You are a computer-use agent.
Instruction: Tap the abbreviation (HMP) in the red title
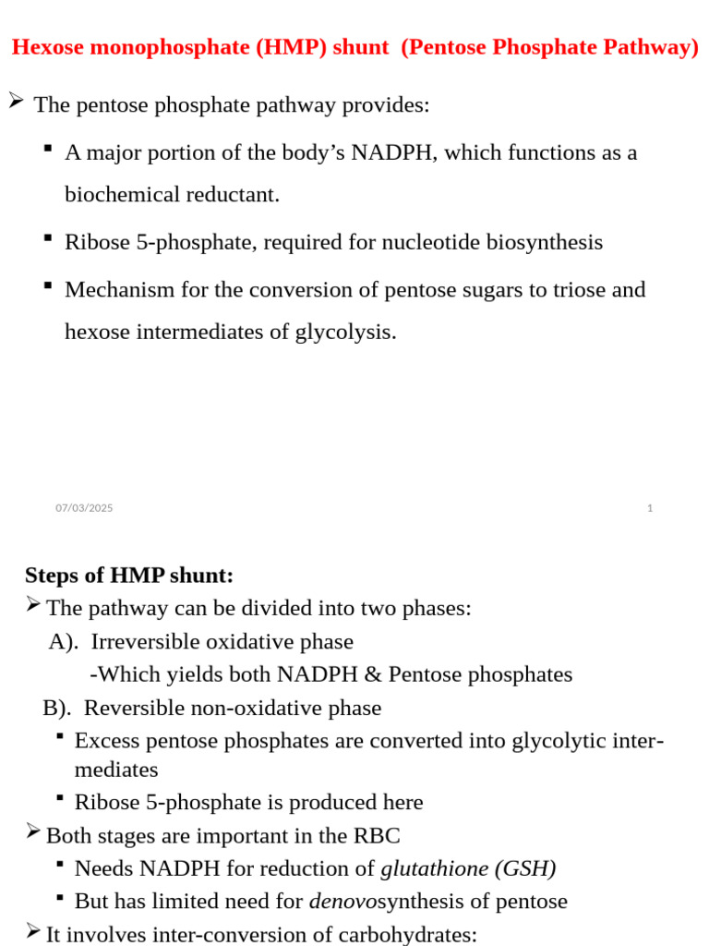click(258, 48)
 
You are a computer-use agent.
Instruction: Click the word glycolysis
click(345, 332)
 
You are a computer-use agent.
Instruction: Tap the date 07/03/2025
click(84, 508)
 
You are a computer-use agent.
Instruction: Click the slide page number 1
click(650, 508)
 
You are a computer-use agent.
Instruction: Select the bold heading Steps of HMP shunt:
click(129, 576)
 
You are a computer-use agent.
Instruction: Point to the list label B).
click(57, 709)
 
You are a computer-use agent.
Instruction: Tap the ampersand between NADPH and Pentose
click(373, 675)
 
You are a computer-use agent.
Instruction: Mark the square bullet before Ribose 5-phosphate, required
click(47, 238)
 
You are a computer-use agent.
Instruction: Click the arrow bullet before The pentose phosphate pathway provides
click(16, 102)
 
